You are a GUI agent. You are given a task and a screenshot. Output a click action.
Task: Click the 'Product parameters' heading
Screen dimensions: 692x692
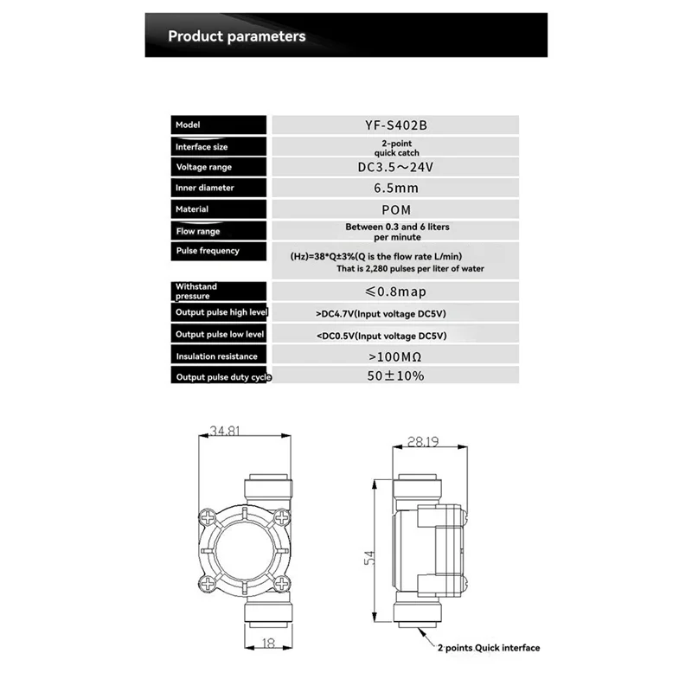coord(236,36)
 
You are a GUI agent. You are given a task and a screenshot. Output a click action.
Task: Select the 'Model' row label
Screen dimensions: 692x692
coord(188,125)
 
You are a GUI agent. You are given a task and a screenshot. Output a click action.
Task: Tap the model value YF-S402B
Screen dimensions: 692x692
coord(395,125)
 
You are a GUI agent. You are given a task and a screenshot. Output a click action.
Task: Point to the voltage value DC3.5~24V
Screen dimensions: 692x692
coord(395,167)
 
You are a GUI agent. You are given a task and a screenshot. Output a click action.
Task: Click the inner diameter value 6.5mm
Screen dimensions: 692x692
coord(395,188)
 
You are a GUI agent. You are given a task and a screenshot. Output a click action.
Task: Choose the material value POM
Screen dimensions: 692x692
coord(395,209)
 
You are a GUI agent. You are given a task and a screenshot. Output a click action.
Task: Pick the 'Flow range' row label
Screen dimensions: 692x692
coord(198,231)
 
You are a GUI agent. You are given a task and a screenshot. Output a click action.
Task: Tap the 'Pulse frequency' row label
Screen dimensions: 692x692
coord(208,251)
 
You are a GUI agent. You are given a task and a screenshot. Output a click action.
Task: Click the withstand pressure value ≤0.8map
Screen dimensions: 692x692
coord(395,292)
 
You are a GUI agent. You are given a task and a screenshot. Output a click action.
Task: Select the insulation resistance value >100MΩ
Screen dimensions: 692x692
coord(395,356)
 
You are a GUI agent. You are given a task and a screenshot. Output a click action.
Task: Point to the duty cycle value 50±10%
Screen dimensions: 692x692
coord(395,376)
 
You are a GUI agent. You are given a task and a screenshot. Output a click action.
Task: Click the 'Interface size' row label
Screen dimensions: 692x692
coord(202,147)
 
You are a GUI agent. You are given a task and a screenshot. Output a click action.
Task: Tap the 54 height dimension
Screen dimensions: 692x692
coord(369,559)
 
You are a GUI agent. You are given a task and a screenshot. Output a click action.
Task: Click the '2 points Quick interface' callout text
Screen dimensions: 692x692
coord(488,648)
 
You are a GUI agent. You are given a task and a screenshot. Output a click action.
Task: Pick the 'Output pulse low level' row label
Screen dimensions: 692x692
coord(221,334)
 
